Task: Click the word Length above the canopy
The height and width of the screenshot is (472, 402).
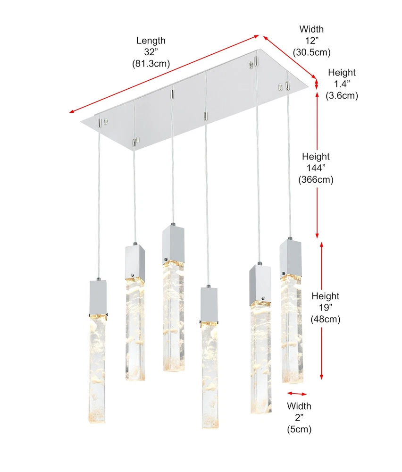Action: point(151,40)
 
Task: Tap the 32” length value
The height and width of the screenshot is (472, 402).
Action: point(151,52)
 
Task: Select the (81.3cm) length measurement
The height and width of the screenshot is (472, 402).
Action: point(151,64)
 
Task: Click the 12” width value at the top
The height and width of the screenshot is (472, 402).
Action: point(312,40)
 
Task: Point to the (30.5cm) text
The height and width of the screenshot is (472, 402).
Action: point(312,52)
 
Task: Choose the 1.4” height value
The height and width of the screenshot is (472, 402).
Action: point(342,84)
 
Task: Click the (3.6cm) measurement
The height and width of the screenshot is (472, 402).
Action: point(342,96)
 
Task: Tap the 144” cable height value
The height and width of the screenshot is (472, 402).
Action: point(316,168)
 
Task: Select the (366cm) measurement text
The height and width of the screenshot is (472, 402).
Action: point(316,180)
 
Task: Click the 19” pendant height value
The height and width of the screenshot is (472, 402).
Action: point(325,307)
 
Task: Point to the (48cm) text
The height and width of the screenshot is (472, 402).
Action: point(325,319)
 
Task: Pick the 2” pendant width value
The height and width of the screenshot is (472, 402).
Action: point(299,418)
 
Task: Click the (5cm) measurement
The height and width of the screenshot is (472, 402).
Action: point(299,429)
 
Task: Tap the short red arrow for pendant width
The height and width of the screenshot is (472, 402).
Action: point(297,394)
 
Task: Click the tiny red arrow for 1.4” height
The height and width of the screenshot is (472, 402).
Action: point(316,84)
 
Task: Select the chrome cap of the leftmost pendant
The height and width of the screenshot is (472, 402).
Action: point(98,297)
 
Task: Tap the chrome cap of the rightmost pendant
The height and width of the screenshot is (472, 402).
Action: point(290,257)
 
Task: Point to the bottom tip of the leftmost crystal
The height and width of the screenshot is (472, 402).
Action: point(97,422)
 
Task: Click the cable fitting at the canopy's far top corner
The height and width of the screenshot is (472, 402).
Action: point(256,60)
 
